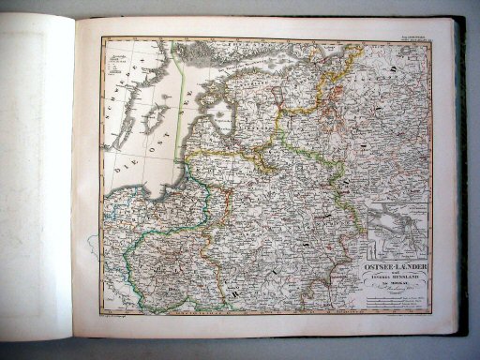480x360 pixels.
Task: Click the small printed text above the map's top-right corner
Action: (411, 34)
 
